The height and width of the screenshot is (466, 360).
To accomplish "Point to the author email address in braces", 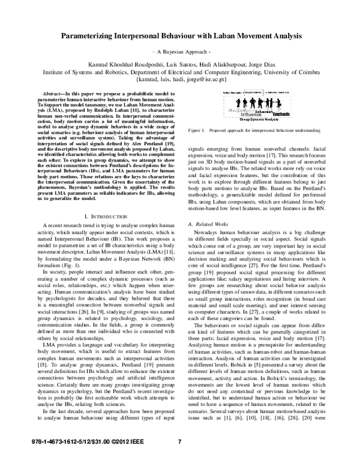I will click(x=181, y=79).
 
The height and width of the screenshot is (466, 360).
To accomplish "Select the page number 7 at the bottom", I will click(x=179, y=459).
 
